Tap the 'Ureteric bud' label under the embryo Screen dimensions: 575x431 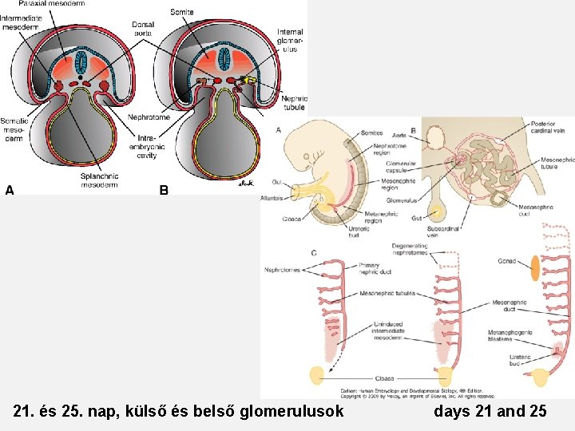click(359, 231)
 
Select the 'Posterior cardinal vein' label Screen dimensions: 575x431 click(548, 126)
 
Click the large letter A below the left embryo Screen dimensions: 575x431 click(10, 190)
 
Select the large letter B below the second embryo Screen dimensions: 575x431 click(164, 190)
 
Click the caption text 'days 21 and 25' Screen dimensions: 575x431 click(490, 412)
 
